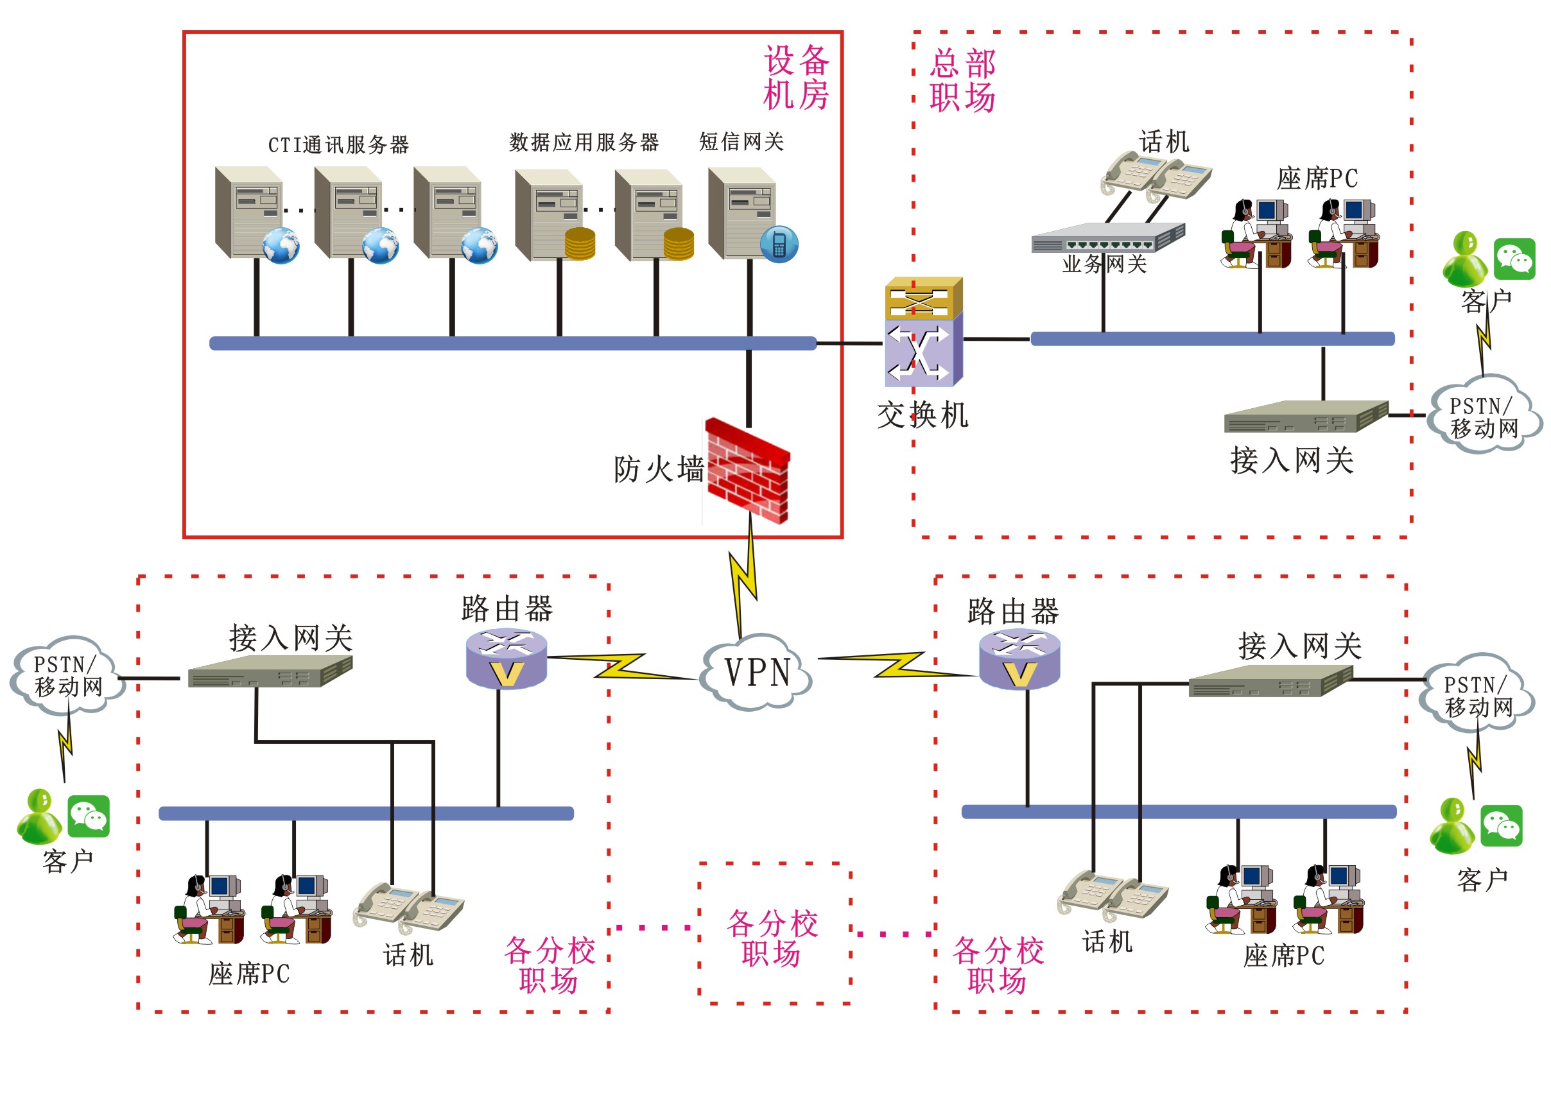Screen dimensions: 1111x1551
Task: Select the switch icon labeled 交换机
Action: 923,332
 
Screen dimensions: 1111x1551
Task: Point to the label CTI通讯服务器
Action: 338,145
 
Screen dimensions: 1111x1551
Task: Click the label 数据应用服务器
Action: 584,142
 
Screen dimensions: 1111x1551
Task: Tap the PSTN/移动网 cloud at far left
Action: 67,675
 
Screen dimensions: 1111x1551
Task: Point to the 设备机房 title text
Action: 796,77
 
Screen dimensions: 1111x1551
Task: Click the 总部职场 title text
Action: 962,80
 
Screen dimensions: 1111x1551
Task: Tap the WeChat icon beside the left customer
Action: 89,816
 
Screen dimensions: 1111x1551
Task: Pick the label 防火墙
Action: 658,470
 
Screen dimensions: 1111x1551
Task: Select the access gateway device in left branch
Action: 270,671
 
